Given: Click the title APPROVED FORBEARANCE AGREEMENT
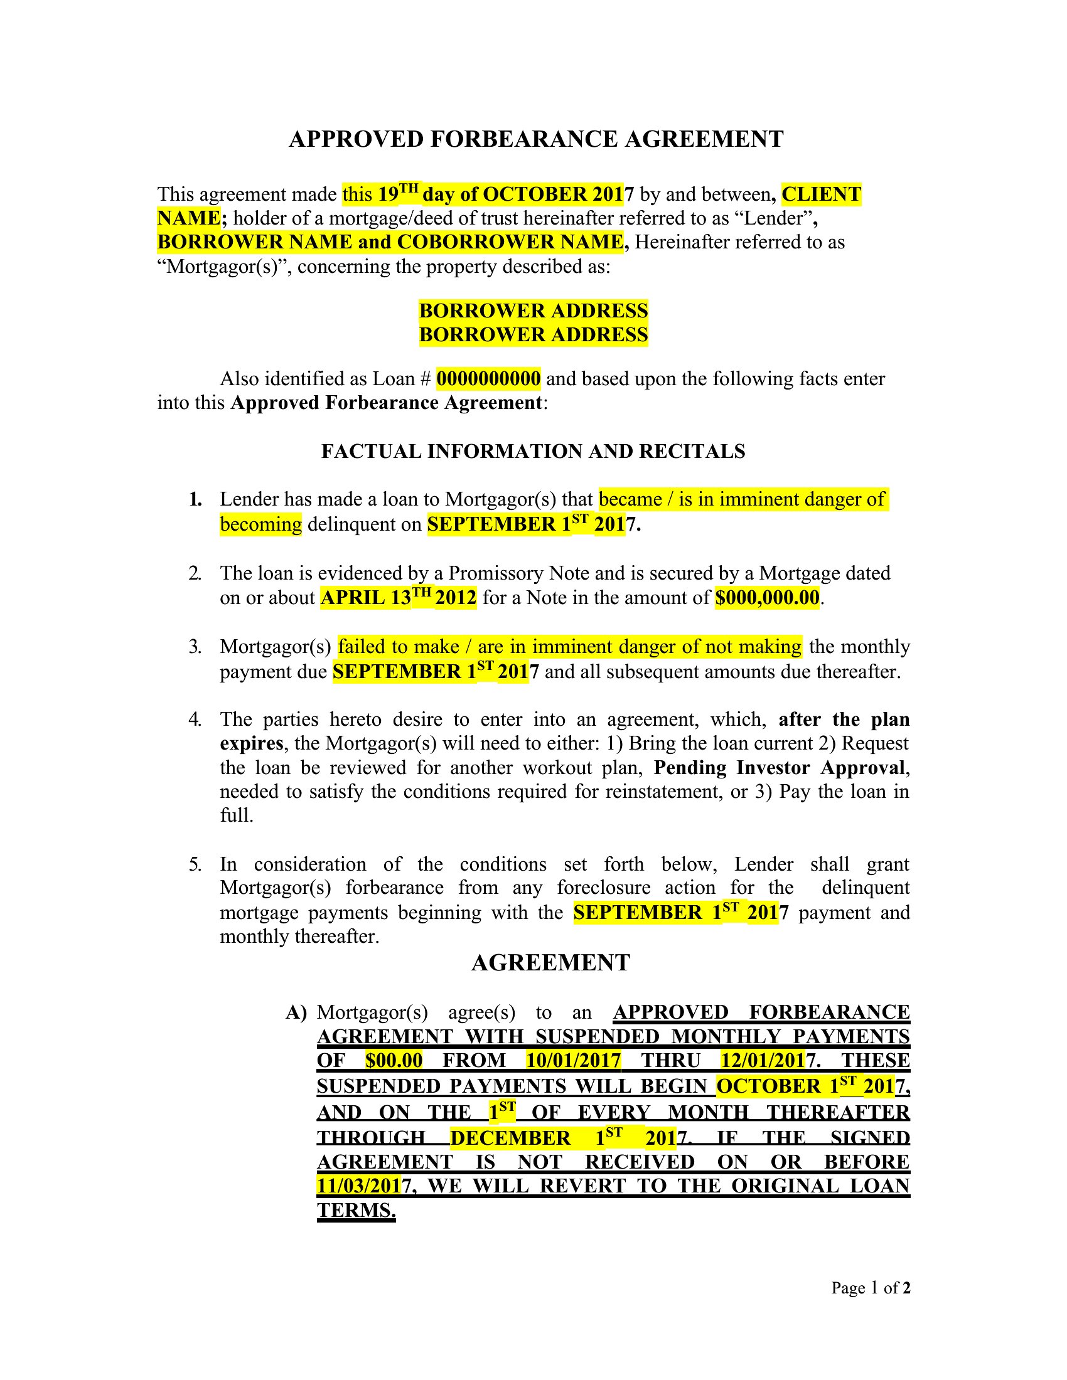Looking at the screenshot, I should tap(535, 139).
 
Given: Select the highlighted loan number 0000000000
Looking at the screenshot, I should tap(488, 378).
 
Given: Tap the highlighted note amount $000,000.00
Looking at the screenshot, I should tap(767, 597).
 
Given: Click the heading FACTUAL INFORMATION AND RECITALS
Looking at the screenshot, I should tap(533, 451).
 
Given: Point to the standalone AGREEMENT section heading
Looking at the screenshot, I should tap(550, 963).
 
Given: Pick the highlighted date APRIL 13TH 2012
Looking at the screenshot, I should tap(398, 597).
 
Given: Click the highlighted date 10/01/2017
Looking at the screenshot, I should tap(573, 1059).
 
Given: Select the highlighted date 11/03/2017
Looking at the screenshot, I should tap(359, 1186).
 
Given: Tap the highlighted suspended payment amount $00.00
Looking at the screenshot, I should tap(394, 1059).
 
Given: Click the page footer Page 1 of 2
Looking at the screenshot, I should tap(871, 1288).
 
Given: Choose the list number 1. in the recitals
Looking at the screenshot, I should tap(195, 500).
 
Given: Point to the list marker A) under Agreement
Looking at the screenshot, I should tap(296, 1013).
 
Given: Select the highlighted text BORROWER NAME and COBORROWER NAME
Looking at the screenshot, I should tap(390, 242).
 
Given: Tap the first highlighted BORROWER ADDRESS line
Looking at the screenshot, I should tap(533, 310).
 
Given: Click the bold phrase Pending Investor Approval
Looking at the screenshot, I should tap(781, 768).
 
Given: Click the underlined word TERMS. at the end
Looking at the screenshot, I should tap(356, 1210).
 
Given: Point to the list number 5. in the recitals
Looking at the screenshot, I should tap(195, 864).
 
